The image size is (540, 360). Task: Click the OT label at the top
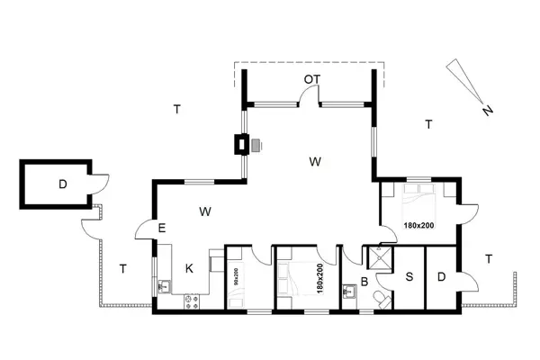tap(311, 80)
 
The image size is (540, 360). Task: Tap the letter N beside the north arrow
tap(487, 112)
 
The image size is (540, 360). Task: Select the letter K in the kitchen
tap(189, 268)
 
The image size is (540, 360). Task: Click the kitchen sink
tap(164, 286)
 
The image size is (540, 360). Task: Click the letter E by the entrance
tap(162, 229)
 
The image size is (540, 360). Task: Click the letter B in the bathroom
tap(364, 282)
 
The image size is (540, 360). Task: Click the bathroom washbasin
tap(348, 292)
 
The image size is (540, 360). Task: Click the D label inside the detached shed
tap(62, 185)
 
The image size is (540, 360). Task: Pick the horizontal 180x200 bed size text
tap(418, 224)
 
